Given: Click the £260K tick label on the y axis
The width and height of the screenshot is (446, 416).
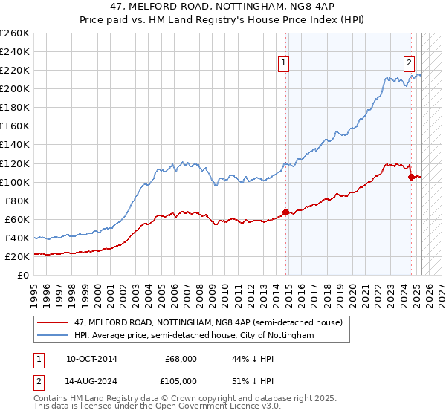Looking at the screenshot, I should click(15, 33).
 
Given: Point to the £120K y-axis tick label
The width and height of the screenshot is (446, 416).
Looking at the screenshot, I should click(15, 163).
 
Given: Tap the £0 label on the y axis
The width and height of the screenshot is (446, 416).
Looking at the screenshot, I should click(24, 276).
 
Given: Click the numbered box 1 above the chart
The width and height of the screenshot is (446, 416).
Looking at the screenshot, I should click(284, 64).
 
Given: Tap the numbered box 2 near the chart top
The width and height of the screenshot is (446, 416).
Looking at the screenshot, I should click(410, 64).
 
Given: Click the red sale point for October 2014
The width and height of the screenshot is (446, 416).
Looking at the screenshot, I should click(286, 212).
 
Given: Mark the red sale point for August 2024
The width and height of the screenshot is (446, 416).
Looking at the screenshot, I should click(411, 177).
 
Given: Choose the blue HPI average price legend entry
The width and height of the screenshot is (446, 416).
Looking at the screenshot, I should click(194, 336).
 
